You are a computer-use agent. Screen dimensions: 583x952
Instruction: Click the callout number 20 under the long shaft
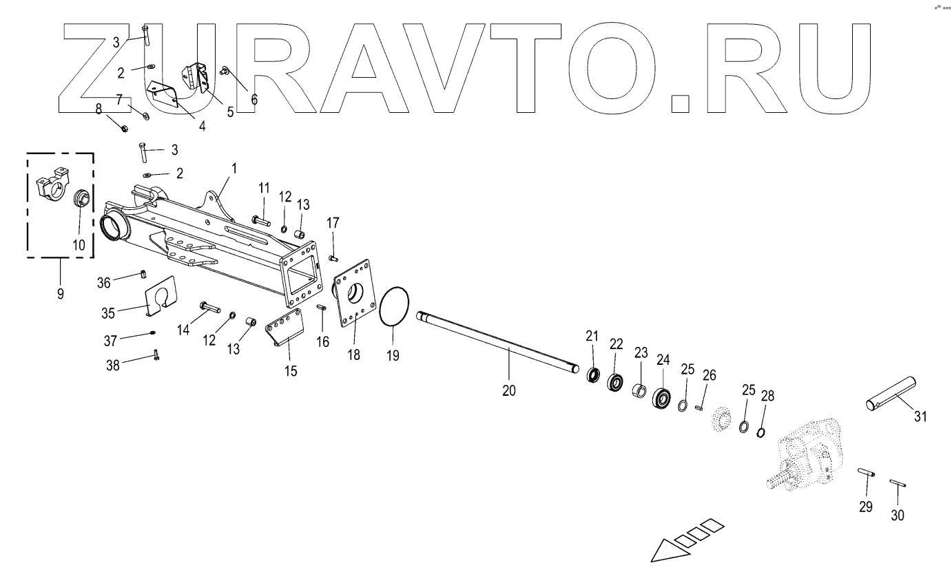(509, 390)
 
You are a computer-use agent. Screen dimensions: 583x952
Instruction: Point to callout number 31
(920, 416)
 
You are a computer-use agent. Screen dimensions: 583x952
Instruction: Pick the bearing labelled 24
(662, 399)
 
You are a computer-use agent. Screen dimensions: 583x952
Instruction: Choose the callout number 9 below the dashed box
(61, 294)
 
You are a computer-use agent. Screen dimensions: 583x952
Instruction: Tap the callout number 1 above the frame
(234, 168)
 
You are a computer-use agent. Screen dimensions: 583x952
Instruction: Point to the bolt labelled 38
(156, 356)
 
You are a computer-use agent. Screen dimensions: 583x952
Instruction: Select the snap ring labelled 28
(762, 432)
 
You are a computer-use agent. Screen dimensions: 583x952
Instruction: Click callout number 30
(898, 515)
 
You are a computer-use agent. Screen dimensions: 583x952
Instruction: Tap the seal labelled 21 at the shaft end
(593, 376)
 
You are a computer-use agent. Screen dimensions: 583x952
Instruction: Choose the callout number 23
(641, 352)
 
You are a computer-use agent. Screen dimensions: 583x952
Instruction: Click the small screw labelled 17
(333, 257)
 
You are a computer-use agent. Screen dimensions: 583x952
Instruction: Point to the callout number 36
(103, 282)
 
